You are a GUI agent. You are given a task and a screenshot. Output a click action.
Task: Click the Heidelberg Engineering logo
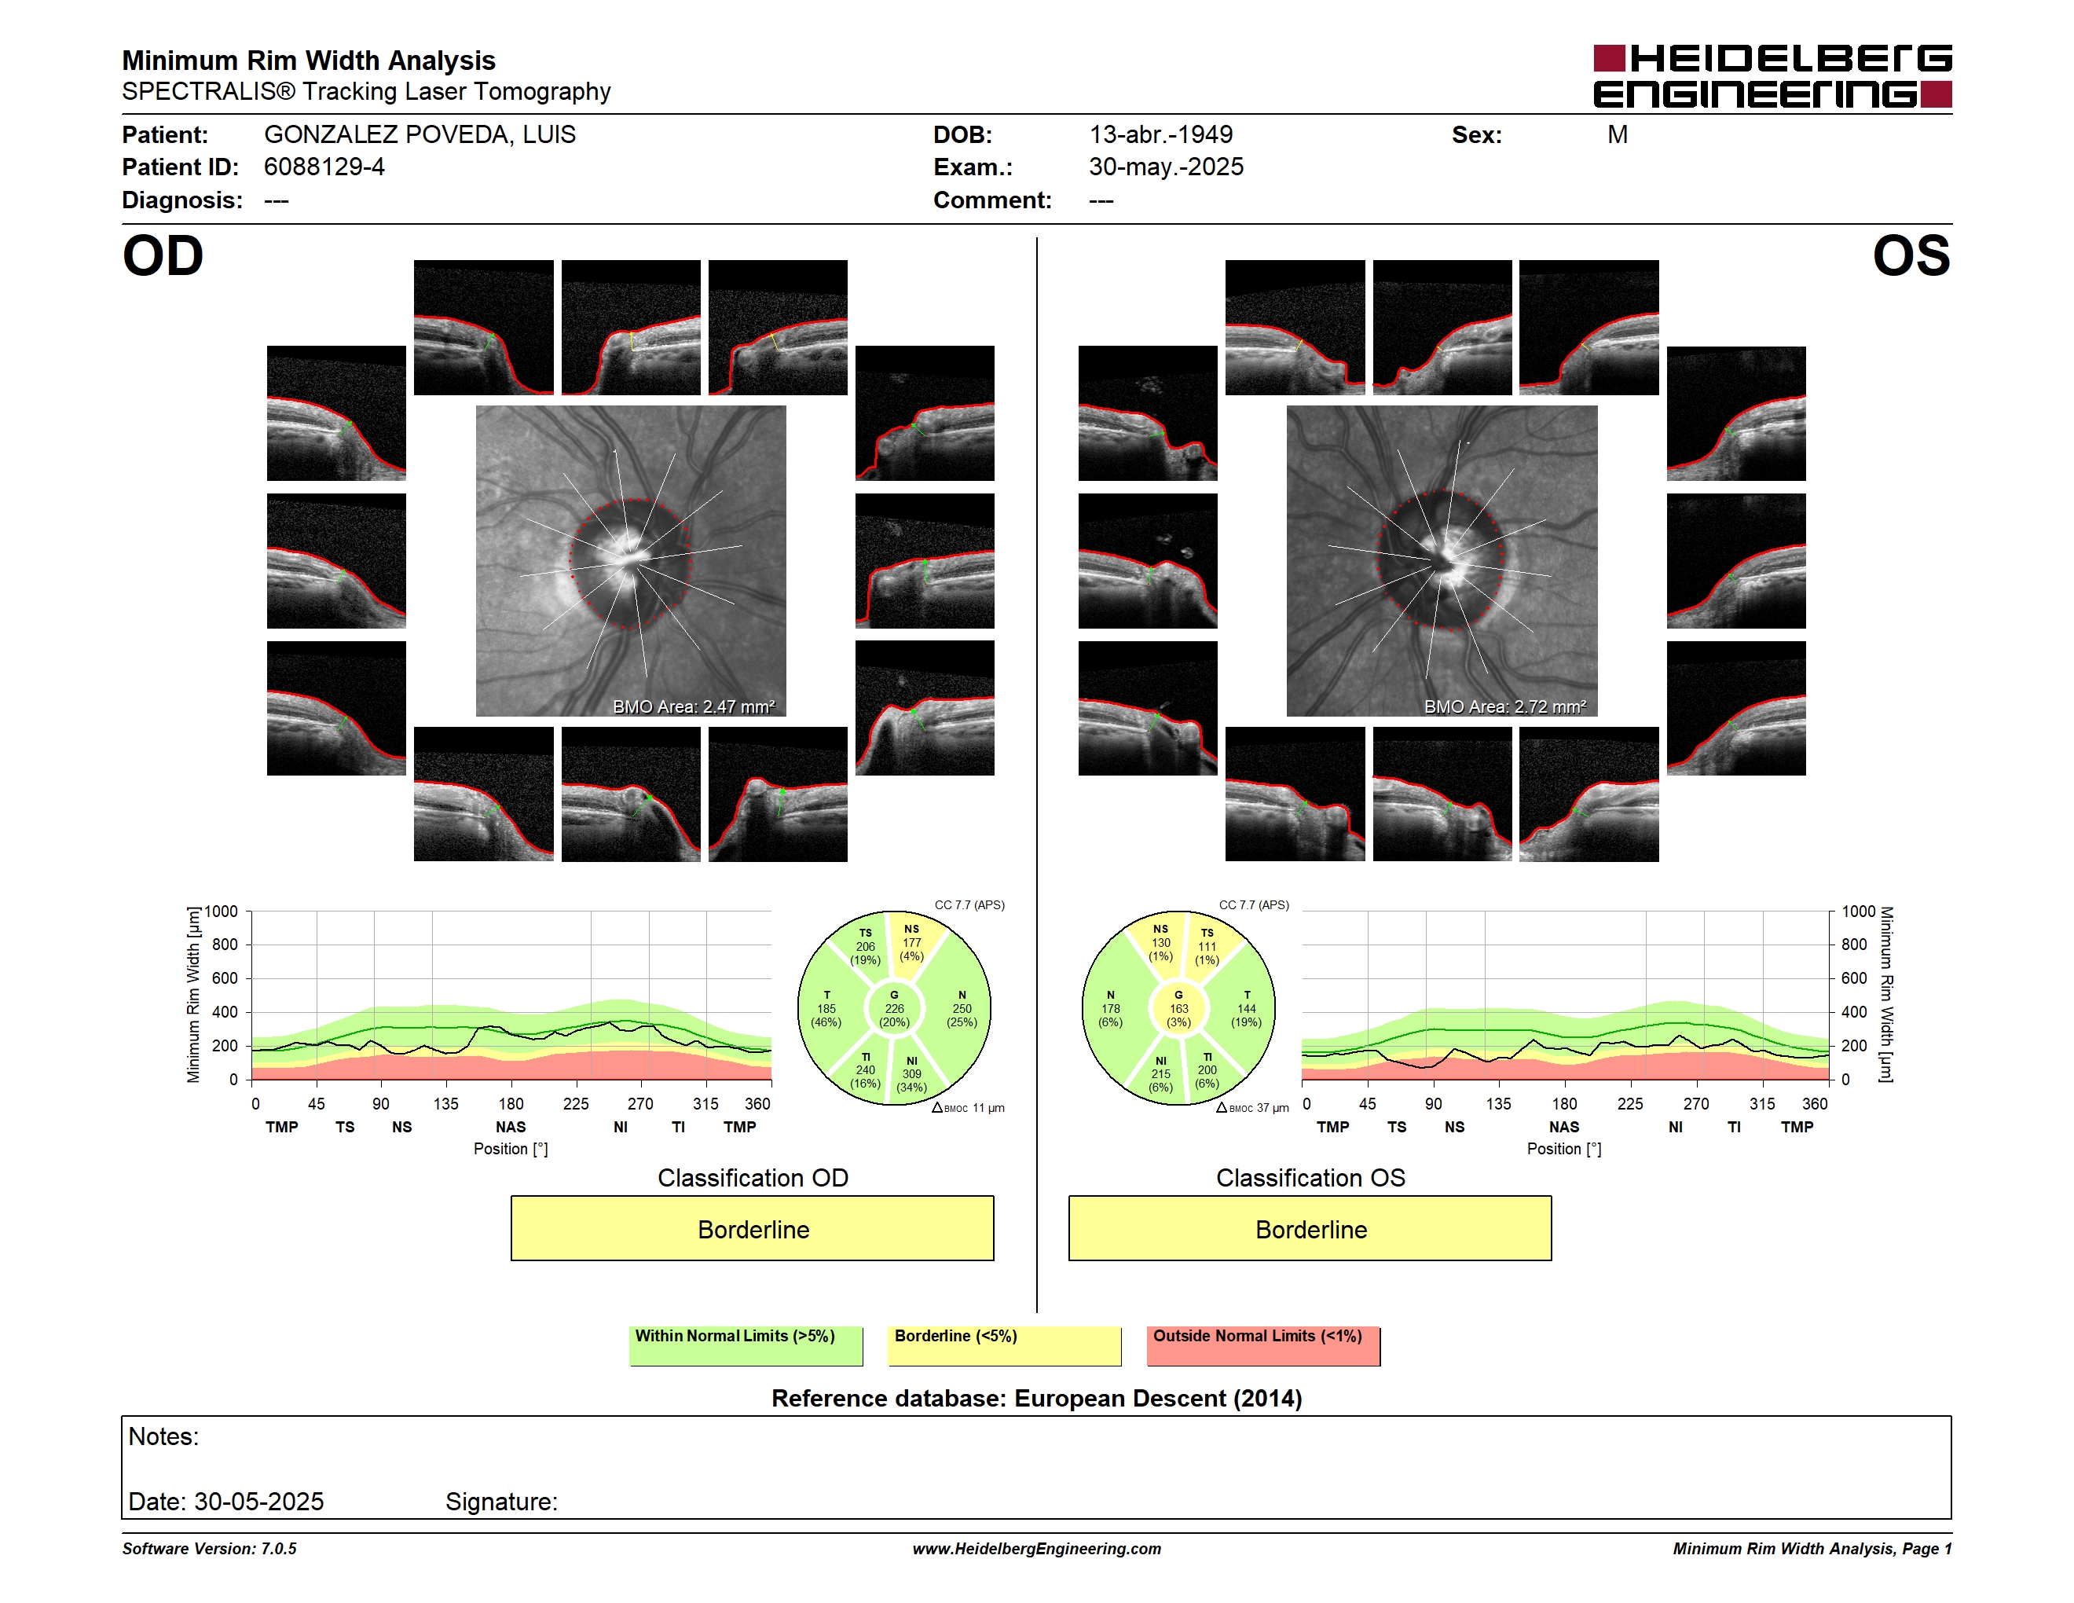tap(1772, 76)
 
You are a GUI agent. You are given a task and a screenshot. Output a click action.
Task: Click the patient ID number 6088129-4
tap(324, 167)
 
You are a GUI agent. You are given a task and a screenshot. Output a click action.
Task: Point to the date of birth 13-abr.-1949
tap(1160, 135)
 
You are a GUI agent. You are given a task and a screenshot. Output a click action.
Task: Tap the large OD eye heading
tap(163, 256)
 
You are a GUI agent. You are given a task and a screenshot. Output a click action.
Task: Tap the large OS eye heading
tap(1911, 256)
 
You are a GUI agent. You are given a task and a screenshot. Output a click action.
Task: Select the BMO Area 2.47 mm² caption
tap(693, 706)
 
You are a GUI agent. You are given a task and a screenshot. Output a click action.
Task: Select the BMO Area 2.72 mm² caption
tap(1504, 706)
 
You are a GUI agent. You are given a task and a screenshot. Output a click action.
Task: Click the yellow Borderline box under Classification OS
tap(1310, 1228)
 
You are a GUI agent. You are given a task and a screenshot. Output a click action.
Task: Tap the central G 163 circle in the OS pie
tap(1178, 1008)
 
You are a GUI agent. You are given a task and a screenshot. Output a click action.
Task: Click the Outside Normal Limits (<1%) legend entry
tap(1263, 1345)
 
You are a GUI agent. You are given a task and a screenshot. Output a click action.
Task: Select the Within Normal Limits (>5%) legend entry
tap(746, 1345)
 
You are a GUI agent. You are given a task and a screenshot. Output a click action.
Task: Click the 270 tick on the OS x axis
tap(1696, 1103)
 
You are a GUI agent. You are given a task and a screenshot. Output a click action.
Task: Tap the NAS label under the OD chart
tap(511, 1126)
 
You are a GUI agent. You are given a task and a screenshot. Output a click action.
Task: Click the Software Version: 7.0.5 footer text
tap(209, 1549)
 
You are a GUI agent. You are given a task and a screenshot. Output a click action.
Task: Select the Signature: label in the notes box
tap(501, 1502)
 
